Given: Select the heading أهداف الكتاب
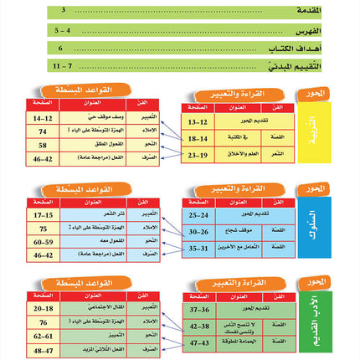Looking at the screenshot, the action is pyautogui.click(x=319, y=48).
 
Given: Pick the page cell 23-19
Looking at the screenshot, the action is pyautogui.click(x=199, y=155).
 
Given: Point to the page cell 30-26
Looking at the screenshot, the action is pyautogui.click(x=199, y=231).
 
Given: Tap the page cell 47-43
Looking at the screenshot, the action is pyautogui.click(x=199, y=342).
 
